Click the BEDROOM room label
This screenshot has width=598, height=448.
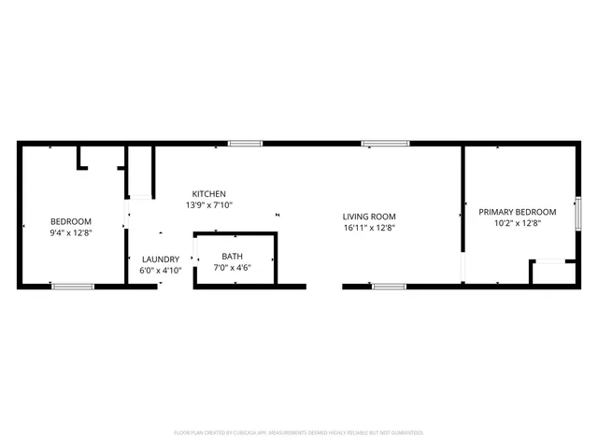(71, 221)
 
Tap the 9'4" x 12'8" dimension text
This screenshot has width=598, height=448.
(71, 232)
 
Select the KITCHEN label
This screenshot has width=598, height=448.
(209, 194)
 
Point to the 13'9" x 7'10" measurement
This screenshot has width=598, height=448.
(209, 205)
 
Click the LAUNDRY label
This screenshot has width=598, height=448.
(161, 259)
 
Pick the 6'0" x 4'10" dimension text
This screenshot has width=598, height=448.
(161, 271)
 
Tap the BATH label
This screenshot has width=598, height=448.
(232, 256)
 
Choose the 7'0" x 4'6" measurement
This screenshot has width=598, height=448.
(232, 267)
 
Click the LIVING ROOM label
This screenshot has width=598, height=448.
(370, 217)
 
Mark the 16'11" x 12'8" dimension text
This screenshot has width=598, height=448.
(370, 228)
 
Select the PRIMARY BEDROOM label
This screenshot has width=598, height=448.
(517, 212)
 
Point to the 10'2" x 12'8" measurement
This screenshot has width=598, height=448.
(517, 223)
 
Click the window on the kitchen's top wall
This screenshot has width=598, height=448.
(245, 144)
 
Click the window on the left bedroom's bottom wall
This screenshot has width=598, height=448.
(73, 286)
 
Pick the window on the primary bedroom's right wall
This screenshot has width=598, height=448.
(578, 213)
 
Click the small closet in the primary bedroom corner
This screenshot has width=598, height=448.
(551, 273)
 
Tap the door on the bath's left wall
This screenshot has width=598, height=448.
(193, 259)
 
